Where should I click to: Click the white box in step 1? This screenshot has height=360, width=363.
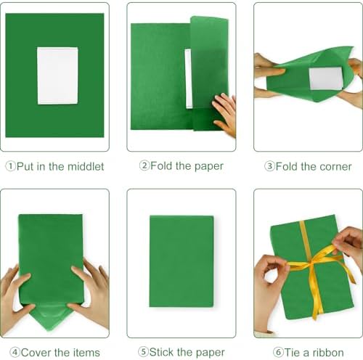click(x=57, y=75)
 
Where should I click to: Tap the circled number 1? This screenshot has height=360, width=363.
click(x=10, y=166)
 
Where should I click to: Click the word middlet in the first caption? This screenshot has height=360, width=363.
click(x=86, y=166)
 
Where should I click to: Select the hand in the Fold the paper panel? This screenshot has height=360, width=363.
click(x=224, y=115)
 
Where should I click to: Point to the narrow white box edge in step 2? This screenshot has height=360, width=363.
click(x=189, y=78)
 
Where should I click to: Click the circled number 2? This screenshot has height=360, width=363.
click(x=144, y=165)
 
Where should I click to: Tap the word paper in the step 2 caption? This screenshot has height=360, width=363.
click(x=209, y=167)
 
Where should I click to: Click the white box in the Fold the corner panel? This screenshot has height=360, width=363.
click(x=325, y=78)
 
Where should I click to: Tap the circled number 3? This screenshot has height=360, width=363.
click(x=269, y=166)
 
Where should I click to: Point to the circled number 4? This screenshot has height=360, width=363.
click(x=15, y=353)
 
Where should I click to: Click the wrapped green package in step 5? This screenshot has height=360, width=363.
click(x=181, y=261)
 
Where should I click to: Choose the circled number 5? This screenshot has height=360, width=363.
click(x=143, y=352)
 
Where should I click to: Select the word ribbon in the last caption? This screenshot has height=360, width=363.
click(x=328, y=353)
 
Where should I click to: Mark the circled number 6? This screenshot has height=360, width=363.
click(x=278, y=352)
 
